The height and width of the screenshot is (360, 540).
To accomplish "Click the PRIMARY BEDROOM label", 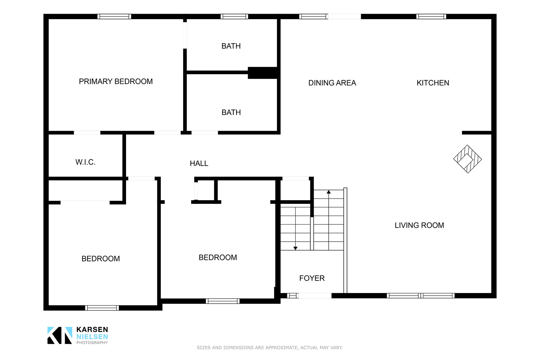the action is click(116, 81).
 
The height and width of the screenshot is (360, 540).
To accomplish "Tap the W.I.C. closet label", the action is click(85, 162).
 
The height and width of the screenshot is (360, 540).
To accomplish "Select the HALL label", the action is click(199, 163).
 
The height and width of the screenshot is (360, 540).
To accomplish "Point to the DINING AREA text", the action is click(332, 83).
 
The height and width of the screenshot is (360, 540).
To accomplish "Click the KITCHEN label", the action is click(433, 83).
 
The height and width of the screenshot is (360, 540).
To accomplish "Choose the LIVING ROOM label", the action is click(419, 225).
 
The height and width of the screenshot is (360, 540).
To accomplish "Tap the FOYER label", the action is click(312, 278).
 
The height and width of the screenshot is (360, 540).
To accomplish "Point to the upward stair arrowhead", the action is click(329, 192).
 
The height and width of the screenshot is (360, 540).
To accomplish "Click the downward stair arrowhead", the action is click(295, 248).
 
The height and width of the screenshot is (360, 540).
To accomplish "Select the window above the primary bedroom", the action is click(114, 17).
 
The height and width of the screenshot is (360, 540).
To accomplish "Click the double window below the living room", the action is click(421, 296).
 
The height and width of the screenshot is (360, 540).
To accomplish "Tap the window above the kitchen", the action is click(431, 17).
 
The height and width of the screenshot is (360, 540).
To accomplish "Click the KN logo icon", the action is click(60, 336).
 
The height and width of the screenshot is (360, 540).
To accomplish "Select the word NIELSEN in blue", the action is click(92, 337).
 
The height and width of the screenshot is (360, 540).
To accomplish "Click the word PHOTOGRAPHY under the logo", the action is click(92, 343).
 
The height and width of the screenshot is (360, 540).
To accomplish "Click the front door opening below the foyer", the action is click(315, 296).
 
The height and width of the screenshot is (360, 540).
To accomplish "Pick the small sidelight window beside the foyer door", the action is click(293, 296).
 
